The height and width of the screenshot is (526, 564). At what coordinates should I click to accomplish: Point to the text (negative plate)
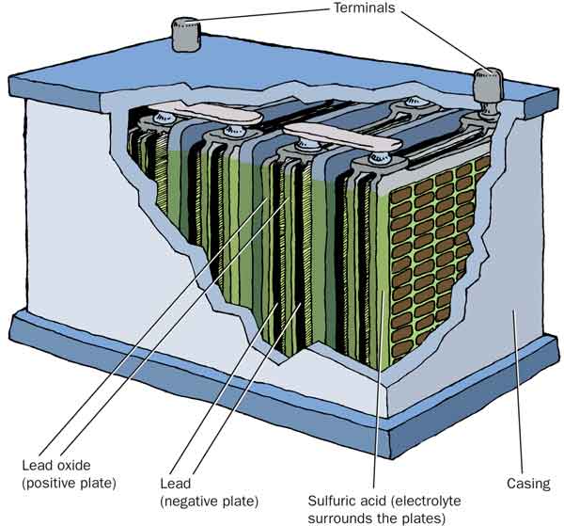[210, 500]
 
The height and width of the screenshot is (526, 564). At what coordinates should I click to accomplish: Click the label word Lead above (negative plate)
[177, 483]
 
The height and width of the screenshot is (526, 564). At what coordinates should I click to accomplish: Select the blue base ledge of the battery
[282, 395]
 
